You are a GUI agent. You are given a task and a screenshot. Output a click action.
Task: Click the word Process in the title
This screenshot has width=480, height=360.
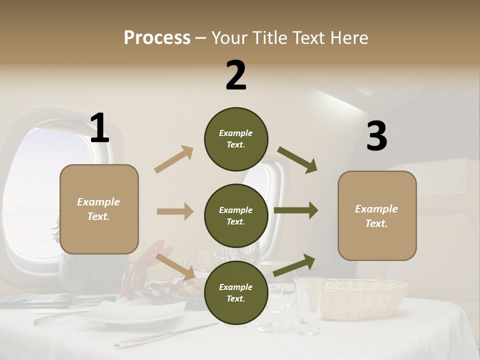pyautogui.click(x=157, y=37)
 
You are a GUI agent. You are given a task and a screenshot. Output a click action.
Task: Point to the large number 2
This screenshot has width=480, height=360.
pyautogui.click(x=236, y=75)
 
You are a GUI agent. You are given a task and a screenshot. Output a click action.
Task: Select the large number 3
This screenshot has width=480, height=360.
pyautogui.click(x=376, y=136)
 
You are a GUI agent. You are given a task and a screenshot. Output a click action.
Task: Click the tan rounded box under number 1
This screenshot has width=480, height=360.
pyautogui.click(x=99, y=209)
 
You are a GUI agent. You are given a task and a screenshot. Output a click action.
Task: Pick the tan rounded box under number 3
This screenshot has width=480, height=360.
pyautogui.click(x=377, y=215)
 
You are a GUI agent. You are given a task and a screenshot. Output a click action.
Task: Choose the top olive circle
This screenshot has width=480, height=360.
pyautogui.click(x=236, y=139)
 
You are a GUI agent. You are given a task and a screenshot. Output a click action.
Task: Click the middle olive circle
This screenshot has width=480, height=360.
pyautogui.click(x=236, y=215)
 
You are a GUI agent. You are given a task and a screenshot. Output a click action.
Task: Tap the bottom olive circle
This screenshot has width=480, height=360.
pyautogui.click(x=236, y=292)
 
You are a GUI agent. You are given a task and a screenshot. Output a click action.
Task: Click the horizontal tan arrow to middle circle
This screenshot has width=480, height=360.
pyautogui.click(x=175, y=211)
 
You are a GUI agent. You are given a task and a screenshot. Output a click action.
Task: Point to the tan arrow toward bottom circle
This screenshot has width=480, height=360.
pyautogui.click(x=175, y=266)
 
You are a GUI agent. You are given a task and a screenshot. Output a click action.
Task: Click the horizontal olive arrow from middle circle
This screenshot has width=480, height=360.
pyautogui.click(x=296, y=210)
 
